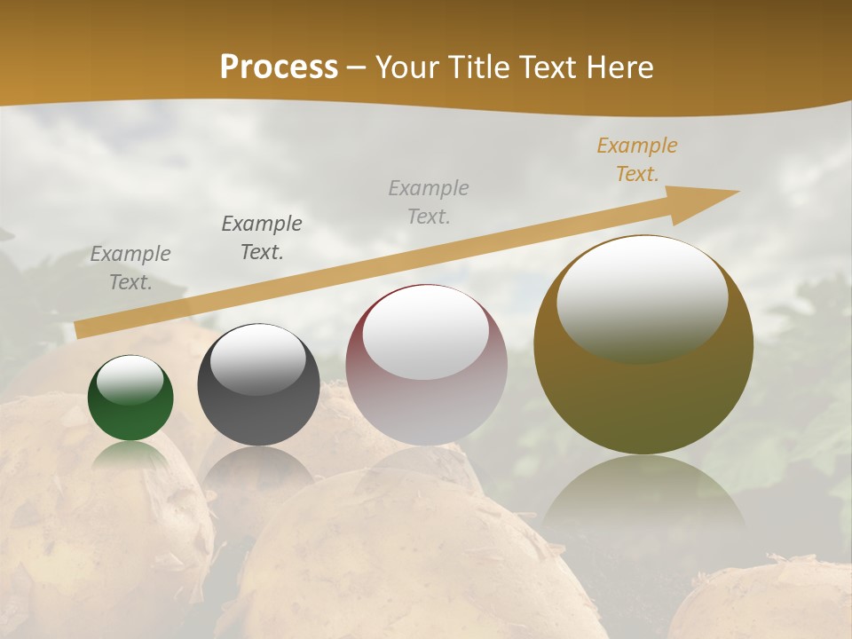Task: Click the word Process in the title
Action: (x=279, y=67)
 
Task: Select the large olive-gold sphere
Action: (x=643, y=399)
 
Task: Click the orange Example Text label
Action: (x=636, y=160)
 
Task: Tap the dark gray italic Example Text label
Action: (x=262, y=238)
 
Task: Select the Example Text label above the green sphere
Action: (x=130, y=268)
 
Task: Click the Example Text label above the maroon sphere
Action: (x=429, y=202)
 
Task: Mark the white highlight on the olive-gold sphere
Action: (x=642, y=298)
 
